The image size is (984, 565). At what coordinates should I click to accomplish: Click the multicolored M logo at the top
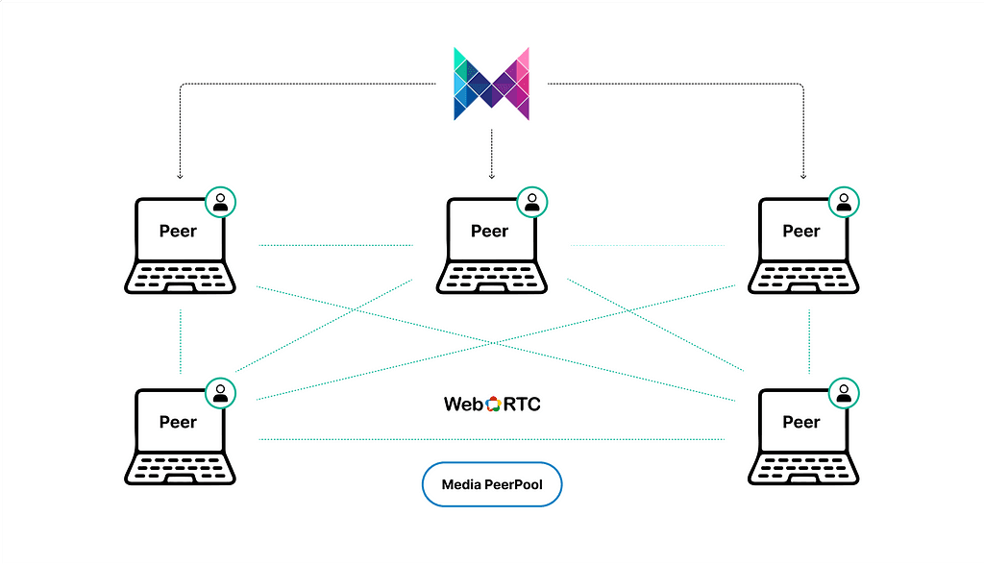[492, 84]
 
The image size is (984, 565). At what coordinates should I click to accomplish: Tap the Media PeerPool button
[492, 485]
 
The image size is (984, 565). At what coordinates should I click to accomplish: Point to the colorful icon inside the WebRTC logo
[494, 405]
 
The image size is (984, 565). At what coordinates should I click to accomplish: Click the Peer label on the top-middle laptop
[490, 231]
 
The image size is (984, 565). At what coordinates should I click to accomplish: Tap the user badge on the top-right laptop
[845, 202]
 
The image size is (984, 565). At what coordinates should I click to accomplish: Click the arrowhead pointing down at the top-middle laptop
[492, 176]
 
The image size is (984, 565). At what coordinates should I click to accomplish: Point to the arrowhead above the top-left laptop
[180, 176]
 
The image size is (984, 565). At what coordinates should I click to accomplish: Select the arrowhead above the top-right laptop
[803, 176]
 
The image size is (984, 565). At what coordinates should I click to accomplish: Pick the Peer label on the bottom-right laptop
[801, 422]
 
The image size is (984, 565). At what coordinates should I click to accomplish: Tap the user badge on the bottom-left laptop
[221, 392]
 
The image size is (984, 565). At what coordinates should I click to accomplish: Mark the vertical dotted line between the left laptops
[180, 341]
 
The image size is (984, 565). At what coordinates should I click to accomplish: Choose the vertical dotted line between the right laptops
[809, 341]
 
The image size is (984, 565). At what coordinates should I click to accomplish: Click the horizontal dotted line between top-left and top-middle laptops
[336, 245]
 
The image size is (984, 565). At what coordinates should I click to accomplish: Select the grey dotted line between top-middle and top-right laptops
[647, 245]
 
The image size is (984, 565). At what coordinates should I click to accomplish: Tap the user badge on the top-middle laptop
[531, 202]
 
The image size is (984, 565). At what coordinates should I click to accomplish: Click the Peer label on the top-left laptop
[178, 231]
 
